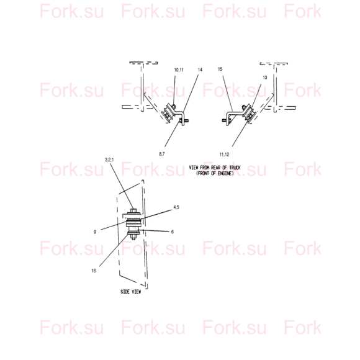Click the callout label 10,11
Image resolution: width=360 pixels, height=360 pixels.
point(179,70)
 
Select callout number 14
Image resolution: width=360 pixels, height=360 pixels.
point(200,70)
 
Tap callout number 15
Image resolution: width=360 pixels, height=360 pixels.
point(220,69)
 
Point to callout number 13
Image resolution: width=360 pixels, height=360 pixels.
point(264,78)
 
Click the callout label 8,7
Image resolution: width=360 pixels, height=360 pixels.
point(161,154)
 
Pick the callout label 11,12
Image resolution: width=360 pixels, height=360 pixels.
point(224,155)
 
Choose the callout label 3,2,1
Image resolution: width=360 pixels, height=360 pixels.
point(109,160)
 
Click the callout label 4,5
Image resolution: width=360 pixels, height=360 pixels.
point(176,207)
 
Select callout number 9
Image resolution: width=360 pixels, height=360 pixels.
point(95,232)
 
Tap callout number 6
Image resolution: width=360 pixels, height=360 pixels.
point(173,232)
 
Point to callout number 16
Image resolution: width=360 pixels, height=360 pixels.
point(94,271)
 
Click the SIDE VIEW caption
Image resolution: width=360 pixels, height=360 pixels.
point(130,292)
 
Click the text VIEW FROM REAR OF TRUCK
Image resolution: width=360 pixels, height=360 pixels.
point(215,168)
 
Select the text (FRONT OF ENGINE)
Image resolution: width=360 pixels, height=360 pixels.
point(215,173)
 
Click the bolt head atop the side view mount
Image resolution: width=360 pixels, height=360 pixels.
point(133,210)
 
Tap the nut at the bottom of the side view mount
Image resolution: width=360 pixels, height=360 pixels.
point(133,237)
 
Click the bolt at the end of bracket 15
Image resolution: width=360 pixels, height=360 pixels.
point(226,120)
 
